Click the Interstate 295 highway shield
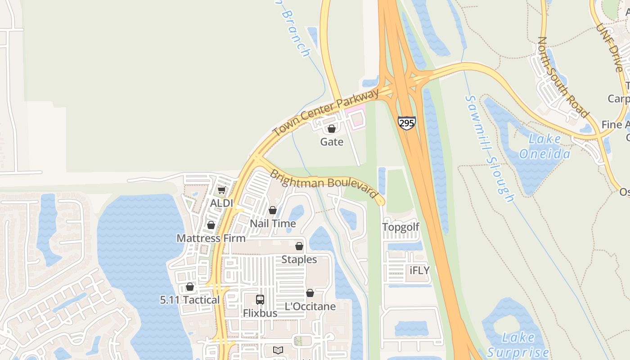click(406, 123)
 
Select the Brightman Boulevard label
click(323, 183)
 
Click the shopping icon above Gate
click(332, 129)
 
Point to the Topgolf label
click(400, 227)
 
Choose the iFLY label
click(419, 270)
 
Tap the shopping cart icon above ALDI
click(221, 191)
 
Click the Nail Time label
click(273, 224)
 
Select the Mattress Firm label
click(211, 238)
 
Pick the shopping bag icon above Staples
click(299, 247)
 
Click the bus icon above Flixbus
click(260, 300)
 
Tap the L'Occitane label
click(310, 306)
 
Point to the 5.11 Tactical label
click(190, 300)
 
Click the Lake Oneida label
click(544, 147)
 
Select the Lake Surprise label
click(518, 345)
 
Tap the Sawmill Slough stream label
click(489, 148)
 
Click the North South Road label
click(562, 77)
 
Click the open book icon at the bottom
click(278, 350)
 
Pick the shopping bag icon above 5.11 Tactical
click(190, 287)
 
